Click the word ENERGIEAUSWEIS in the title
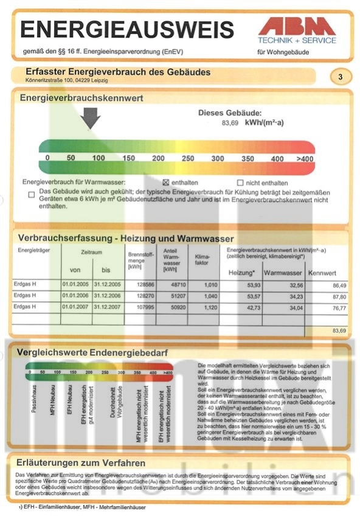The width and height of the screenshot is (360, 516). pos(126,29)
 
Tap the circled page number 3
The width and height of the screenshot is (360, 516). pos(340,77)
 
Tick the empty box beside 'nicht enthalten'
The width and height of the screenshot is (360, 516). pos(240,183)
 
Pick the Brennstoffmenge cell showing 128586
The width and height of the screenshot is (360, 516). pos(141,285)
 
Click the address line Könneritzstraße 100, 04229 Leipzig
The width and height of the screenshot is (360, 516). pos(67,80)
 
